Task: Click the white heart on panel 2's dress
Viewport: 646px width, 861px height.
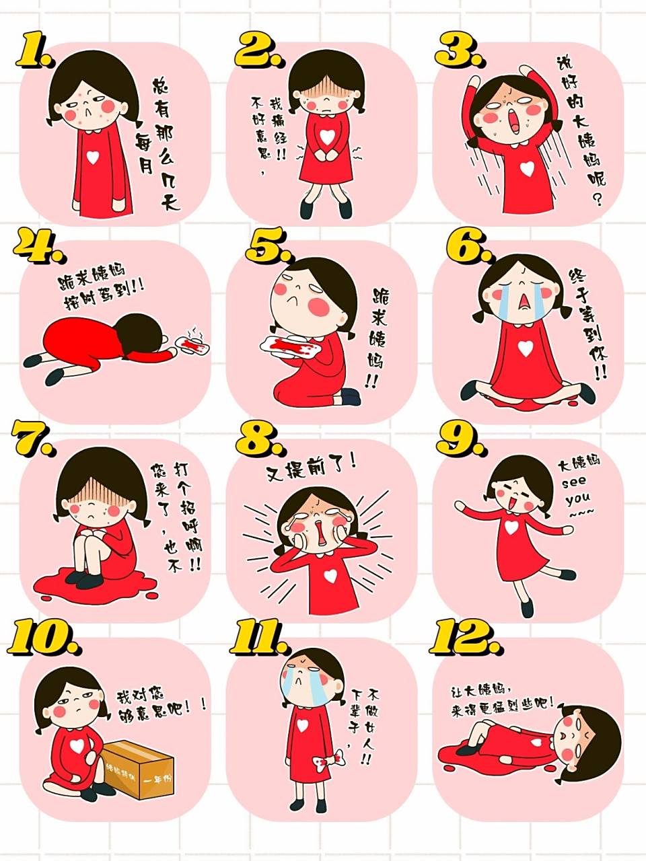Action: pos(326,137)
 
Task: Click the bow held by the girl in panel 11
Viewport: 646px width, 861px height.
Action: pos(336,762)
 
